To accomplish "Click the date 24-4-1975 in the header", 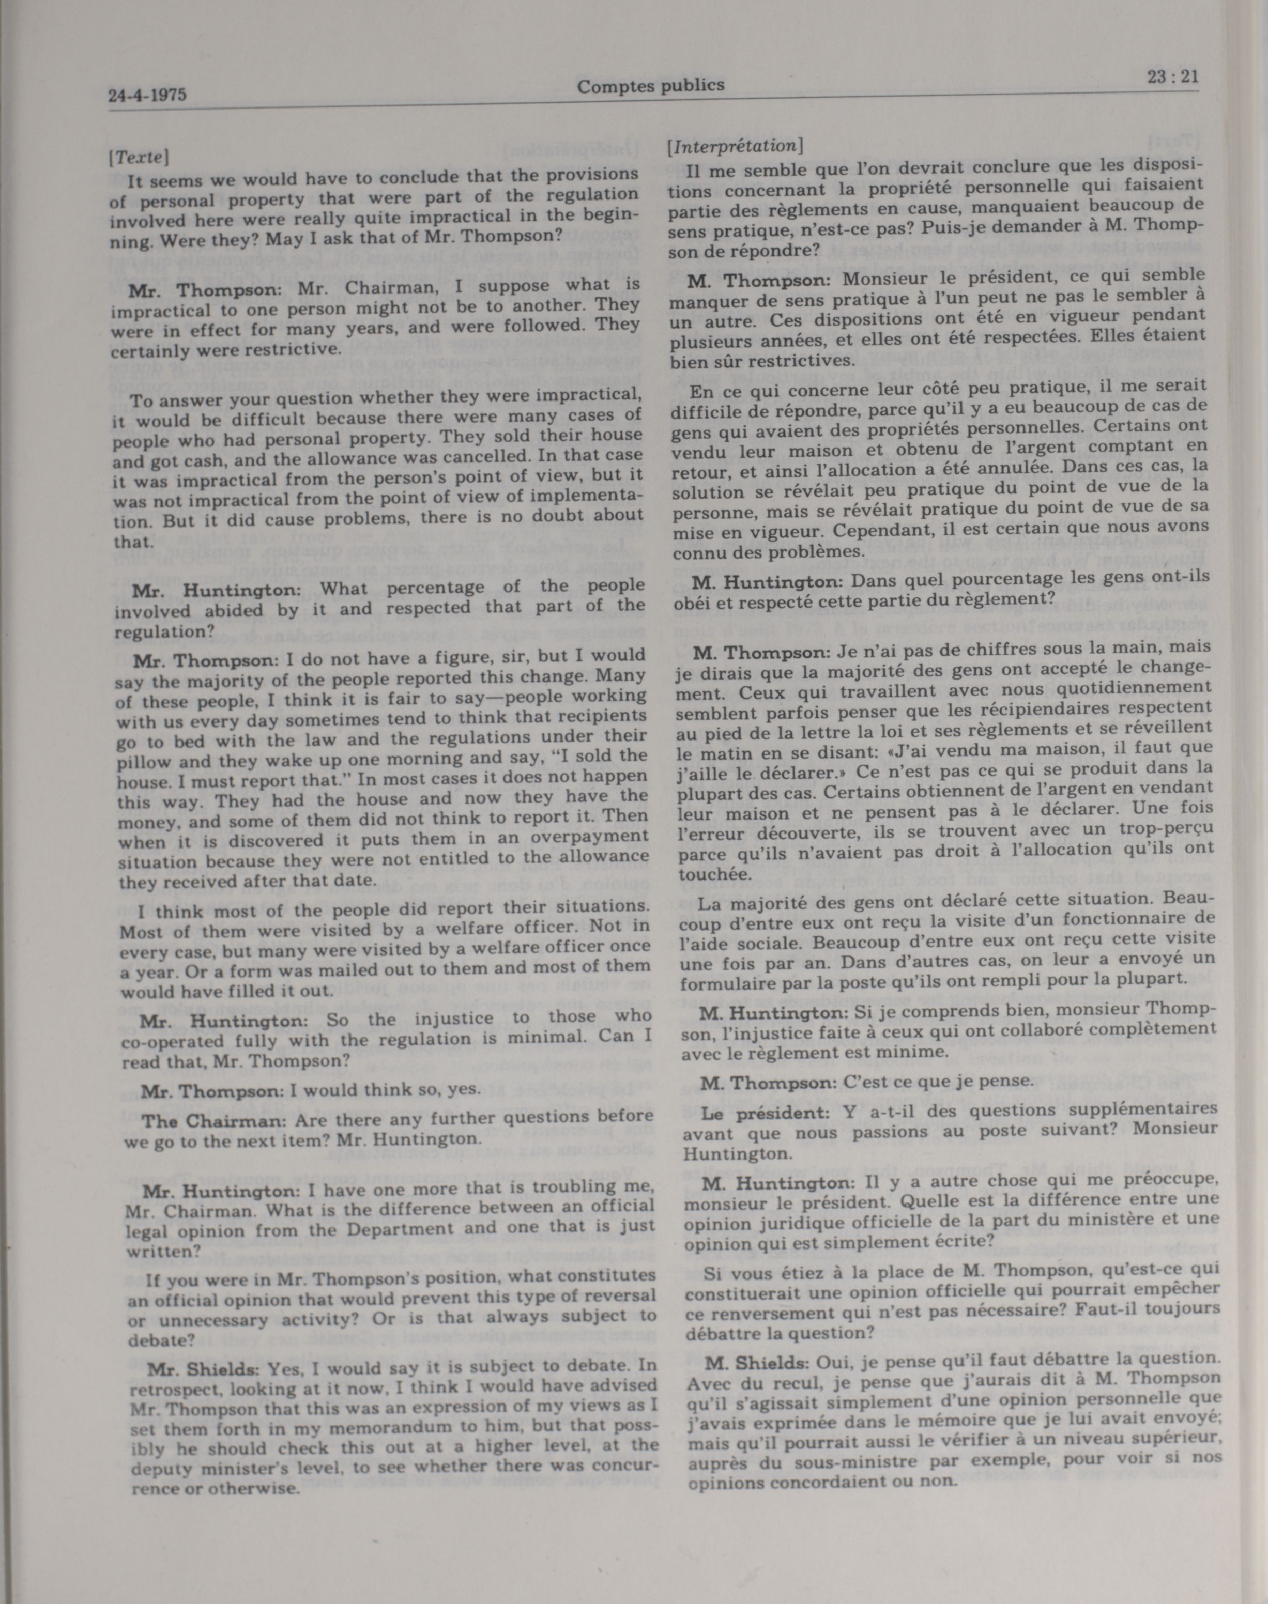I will click(147, 95).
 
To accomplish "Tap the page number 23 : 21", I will click(1172, 77).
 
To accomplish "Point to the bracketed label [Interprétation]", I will click(735, 146).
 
